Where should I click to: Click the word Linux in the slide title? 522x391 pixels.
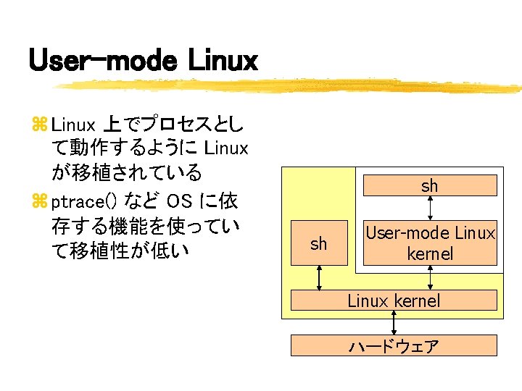(223, 60)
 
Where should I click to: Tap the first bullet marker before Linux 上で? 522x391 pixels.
(38, 126)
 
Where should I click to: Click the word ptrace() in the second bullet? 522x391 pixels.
(83, 201)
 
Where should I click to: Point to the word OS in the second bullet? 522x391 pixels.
(181, 200)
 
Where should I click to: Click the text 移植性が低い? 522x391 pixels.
(128, 250)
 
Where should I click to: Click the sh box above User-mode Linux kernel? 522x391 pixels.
(430, 186)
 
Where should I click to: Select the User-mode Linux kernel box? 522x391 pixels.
(430, 243)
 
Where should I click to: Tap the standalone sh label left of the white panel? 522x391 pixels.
(319, 244)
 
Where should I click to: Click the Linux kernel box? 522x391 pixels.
(394, 300)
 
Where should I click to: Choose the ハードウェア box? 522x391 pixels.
(394, 346)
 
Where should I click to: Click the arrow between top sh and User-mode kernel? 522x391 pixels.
(431, 209)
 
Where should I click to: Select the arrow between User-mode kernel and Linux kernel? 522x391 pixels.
(431, 278)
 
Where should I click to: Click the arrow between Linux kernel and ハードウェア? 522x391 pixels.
(394, 323)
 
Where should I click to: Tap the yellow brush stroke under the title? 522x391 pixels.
(290, 85)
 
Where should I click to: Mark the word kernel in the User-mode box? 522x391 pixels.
(430, 253)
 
